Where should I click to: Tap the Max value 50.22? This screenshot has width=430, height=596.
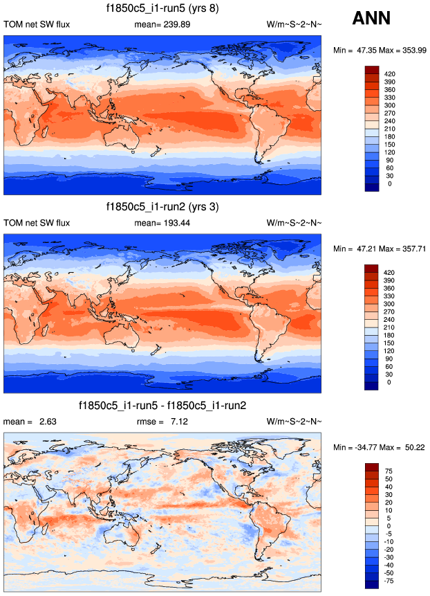[x=409, y=447]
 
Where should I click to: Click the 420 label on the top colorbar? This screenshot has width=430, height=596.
[x=390, y=73]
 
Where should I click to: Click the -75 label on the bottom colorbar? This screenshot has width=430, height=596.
[x=389, y=581]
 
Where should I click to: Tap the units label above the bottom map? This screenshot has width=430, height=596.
[x=293, y=421]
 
